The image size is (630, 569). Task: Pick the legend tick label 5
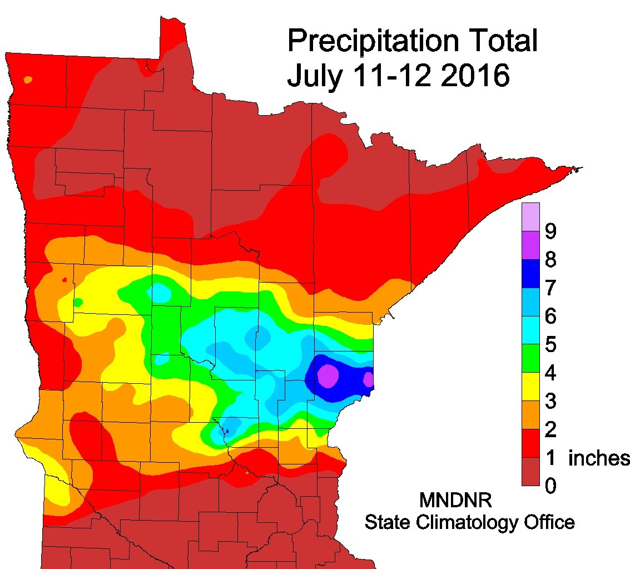tap(550, 345)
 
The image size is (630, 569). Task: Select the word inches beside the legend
tap(598, 459)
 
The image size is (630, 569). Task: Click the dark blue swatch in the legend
tap(531, 274)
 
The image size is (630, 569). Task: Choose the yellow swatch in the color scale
tap(531, 387)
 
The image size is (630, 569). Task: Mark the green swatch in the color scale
tap(531, 359)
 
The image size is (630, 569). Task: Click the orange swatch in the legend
tap(531, 415)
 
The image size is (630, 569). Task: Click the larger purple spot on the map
tap(328, 375)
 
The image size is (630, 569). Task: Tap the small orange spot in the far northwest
tap(28, 80)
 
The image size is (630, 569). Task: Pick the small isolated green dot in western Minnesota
tap(78, 302)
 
